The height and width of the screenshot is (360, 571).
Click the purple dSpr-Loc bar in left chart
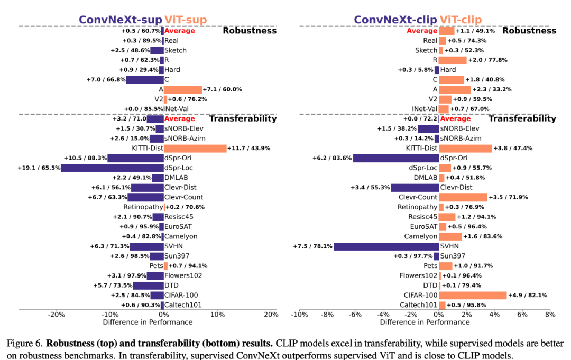point(113,168)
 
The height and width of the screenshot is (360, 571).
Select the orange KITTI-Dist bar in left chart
point(195,148)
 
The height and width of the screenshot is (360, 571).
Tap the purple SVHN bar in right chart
point(386,246)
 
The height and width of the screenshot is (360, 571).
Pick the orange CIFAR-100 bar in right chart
point(473,295)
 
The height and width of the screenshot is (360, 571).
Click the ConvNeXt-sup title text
point(121,20)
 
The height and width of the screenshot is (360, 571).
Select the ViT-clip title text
point(461,20)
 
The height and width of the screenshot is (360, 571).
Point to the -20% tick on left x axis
point(57,315)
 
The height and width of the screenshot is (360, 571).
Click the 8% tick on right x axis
point(550,315)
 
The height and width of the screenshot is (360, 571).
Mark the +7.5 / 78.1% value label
point(312,246)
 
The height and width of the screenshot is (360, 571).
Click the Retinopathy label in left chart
point(143,207)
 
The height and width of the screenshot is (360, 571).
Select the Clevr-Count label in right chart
point(417,197)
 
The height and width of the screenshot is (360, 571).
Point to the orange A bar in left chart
point(183,89)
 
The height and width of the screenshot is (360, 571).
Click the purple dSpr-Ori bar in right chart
point(396,158)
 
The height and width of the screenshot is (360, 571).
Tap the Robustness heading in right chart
point(529,31)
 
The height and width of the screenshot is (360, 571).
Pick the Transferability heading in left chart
point(243,118)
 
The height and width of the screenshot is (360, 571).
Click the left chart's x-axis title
point(148,322)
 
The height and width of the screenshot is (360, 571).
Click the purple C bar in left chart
point(145,80)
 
